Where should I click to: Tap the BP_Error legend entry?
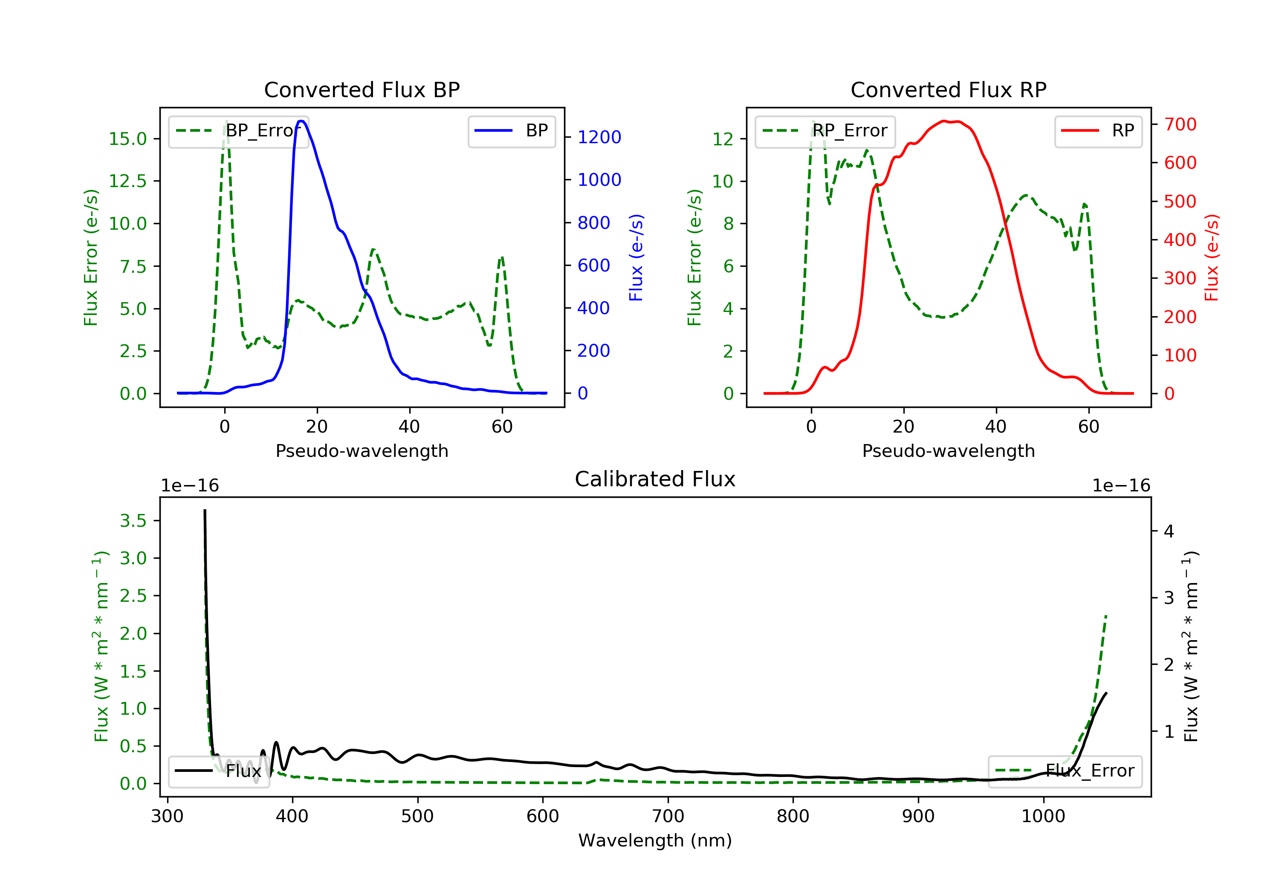click(238, 131)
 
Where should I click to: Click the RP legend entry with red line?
click(1097, 131)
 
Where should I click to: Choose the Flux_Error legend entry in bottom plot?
click(1065, 771)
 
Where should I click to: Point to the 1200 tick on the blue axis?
click(599, 137)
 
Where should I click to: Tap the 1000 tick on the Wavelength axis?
click(1043, 817)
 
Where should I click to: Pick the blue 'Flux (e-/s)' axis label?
click(636, 257)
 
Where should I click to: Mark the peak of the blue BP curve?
click(301, 121)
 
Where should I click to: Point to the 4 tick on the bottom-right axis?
click(1169, 531)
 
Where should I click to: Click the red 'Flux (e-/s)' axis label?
click(1212, 257)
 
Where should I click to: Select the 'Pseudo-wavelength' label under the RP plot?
click(948, 451)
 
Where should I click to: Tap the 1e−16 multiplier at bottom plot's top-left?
click(189, 486)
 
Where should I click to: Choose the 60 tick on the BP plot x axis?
click(502, 427)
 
